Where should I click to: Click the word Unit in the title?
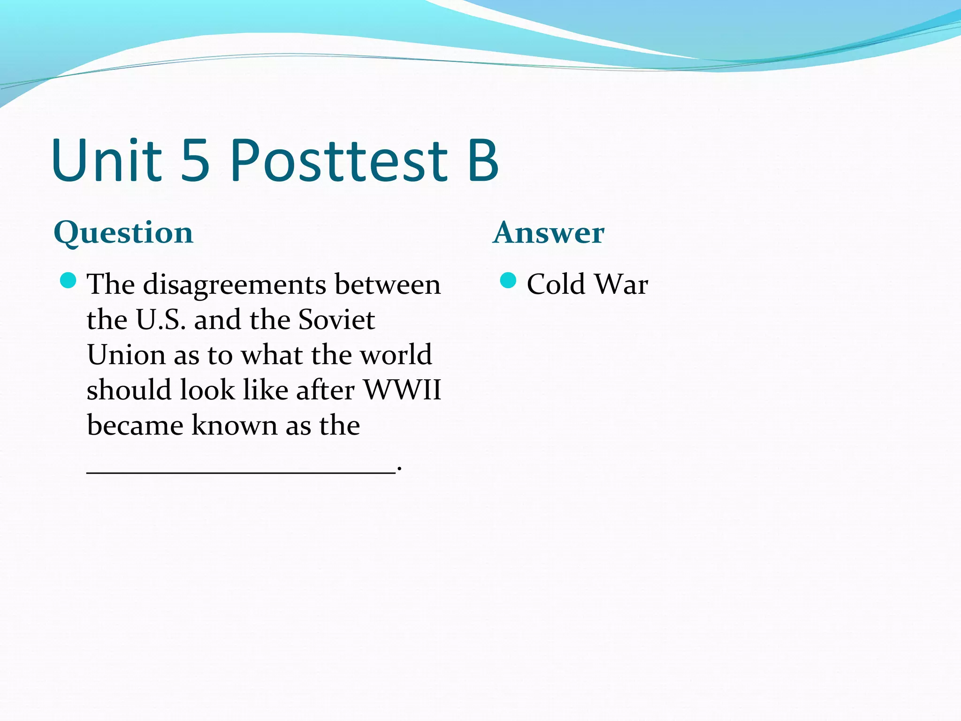pyautogui.click(x=107, y=161)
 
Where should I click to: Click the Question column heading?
pyautogui.click(x=123, y=233)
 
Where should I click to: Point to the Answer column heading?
pyautogui.click(x=549, y=233)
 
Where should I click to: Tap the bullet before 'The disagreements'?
pyautogui.click(x=69, y=281)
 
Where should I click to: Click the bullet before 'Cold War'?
pyautogui.click(x=508, y=281)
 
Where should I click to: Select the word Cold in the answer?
pyautogui.click(x=556, y=284)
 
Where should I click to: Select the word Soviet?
pyautogui.click(x=336, y=320)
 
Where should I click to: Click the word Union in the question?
pyautogui.click(x=126, y=355)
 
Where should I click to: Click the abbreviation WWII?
pyautogui.click(x=403, y=391)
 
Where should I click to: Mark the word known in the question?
pyautogui.click(x=235, y=426)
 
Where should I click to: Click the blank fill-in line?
pyautogui.click(x=241, y=473)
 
